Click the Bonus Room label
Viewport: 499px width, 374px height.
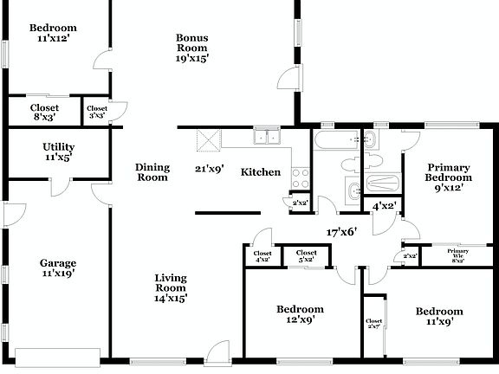tap(191, 48)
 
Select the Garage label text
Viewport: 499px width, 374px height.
tap(57, 268)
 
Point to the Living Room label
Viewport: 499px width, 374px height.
tap(171, 287)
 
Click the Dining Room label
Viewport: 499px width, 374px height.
tap(152, 172)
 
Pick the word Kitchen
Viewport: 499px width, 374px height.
tap(260, 172)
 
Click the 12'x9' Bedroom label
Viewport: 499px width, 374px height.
tap(300, 314)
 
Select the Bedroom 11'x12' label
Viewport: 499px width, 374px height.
tap(52, 33)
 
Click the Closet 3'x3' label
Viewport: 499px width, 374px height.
tap(96, 113)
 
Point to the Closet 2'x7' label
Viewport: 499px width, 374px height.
tap(373, 324)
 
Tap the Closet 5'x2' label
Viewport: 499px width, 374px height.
tap(307, 256)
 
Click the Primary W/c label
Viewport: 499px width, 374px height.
tap(457, 255)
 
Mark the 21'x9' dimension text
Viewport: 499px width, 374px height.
tap(210, 170)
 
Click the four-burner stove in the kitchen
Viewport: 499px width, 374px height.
tap(300, 178)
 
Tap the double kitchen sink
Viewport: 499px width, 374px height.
tap(266, 137)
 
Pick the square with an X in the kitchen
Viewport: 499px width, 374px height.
tap(209, 139)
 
